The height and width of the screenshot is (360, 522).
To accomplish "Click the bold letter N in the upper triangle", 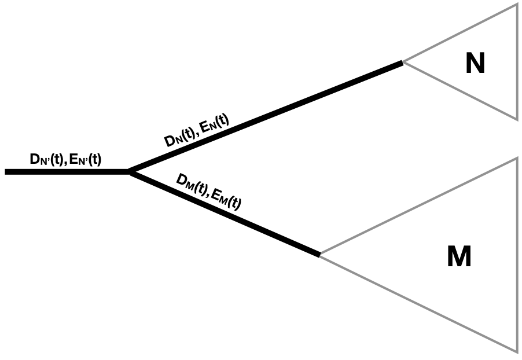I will coord(475,64).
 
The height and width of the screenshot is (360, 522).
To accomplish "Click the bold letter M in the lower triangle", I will coord(459,257).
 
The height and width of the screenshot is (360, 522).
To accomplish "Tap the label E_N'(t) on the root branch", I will coord(84,159).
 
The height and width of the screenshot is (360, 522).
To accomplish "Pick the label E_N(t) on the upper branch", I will coord(214,123).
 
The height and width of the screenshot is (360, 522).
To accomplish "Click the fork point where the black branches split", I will coord(130,171).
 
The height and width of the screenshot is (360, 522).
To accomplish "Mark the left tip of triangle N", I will coord(403,61).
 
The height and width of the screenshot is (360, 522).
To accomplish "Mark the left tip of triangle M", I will coord(320,255).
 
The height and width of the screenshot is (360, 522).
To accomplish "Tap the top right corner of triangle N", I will coord(517,4).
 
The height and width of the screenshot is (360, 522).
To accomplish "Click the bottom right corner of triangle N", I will coord(517,120).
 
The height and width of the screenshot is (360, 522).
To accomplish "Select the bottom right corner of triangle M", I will coord(517,351).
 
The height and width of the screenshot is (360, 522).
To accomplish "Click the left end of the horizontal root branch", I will coord(6,171).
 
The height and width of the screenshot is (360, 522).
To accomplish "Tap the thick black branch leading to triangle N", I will coord(266,116).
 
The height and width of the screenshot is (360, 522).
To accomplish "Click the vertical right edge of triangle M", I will coord(517,255).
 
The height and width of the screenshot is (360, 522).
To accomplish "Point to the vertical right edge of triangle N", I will coord(517,62).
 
